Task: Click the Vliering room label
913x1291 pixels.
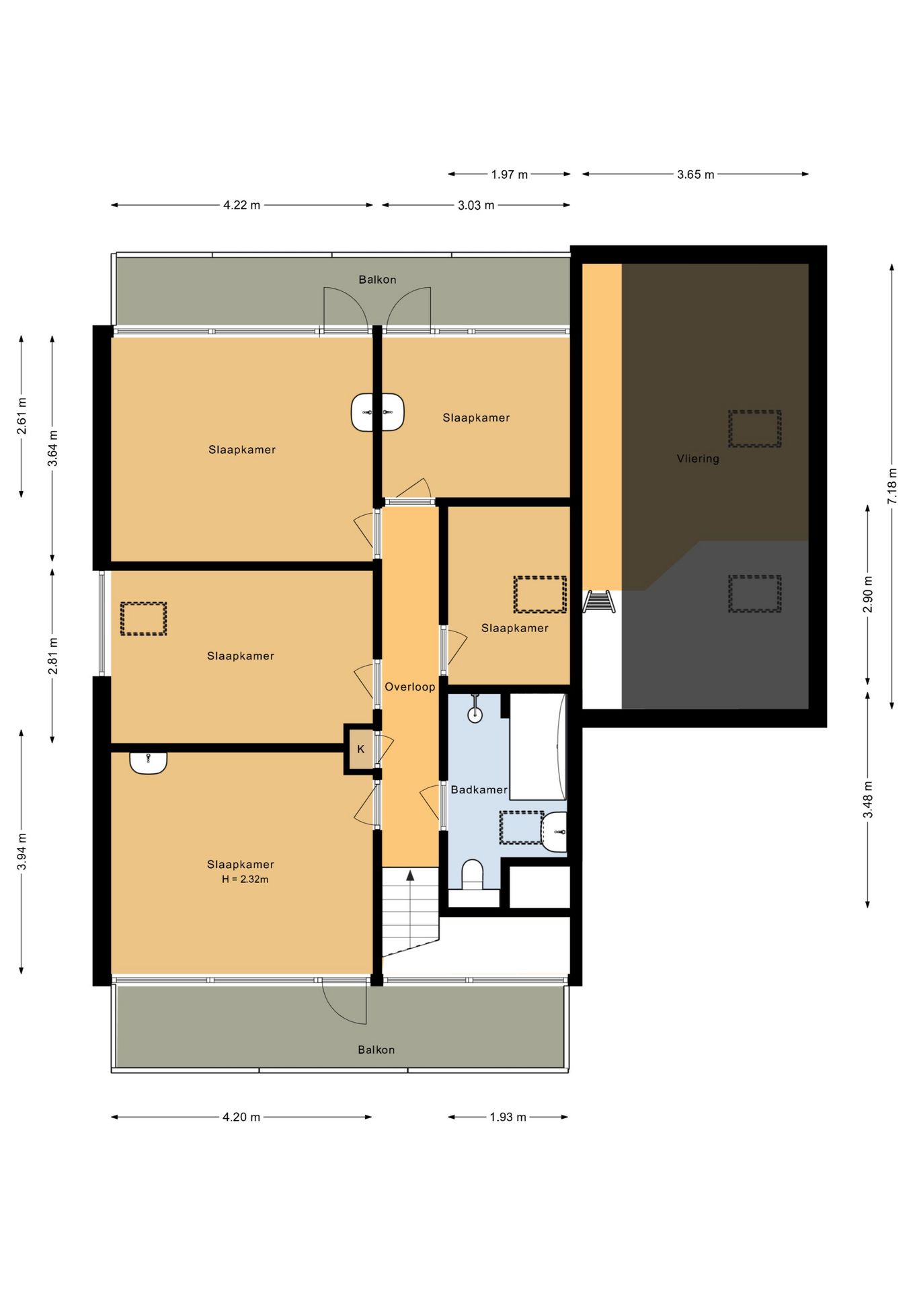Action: pos(698,459)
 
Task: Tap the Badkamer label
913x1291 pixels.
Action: pos(479,789)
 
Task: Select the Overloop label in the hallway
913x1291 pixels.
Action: pos(409,687)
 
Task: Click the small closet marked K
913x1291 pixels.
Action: pos(360,749)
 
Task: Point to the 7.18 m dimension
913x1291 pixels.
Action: pos(892,486)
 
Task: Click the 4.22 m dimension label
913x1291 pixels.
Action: pos(241,205)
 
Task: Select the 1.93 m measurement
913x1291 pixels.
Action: pos(508,1117)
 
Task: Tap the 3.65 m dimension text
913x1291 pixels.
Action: pos(695,174)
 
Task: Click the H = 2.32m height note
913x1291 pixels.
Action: pos(245,879)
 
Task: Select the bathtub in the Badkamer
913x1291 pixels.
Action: pos(538,746)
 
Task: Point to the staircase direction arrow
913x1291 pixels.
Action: pos(410,875)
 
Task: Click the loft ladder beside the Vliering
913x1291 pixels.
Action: pos(598,601)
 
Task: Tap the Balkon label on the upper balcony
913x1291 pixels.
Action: pos(377,280)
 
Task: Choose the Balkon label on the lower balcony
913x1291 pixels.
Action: pos(376,1050)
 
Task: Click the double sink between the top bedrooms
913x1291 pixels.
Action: pos(378,412)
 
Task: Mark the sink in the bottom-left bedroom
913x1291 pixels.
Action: pos(148,762)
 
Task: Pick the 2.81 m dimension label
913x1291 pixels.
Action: pos(52,656)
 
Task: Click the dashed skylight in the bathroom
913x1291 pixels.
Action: pos(521,827)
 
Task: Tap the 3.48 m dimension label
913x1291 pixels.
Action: pos(868,799)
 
